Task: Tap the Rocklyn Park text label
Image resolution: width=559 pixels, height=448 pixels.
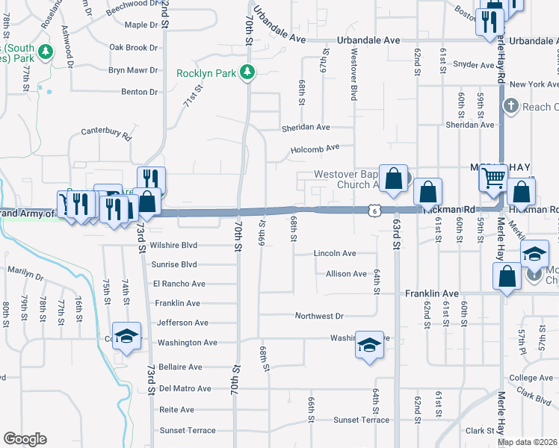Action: [x=206, y=73]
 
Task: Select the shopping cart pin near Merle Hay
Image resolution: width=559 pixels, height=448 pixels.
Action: [x=492, y=178]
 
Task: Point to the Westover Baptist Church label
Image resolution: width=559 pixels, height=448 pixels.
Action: [x=343, y=179]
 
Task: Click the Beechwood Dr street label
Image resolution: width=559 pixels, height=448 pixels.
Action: [x=132, y=4]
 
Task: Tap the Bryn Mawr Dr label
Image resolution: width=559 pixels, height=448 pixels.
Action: [x=133, y=70]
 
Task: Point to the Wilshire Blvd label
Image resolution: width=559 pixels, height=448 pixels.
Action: [x=173, y=245]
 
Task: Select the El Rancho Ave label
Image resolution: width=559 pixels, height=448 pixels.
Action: [x=179, y=284]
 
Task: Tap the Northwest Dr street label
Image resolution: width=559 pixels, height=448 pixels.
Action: [x=318, y=317]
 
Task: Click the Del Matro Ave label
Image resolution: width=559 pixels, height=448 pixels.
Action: [x=185, y=388]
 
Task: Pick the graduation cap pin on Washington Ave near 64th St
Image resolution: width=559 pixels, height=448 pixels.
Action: [x=368, y=344]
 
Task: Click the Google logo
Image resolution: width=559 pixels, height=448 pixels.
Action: [x=25, y=439]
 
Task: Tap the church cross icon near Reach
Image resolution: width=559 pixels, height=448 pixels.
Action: [x=511, y=107]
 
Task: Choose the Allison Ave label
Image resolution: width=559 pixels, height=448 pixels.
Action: [x=346, y=274]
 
